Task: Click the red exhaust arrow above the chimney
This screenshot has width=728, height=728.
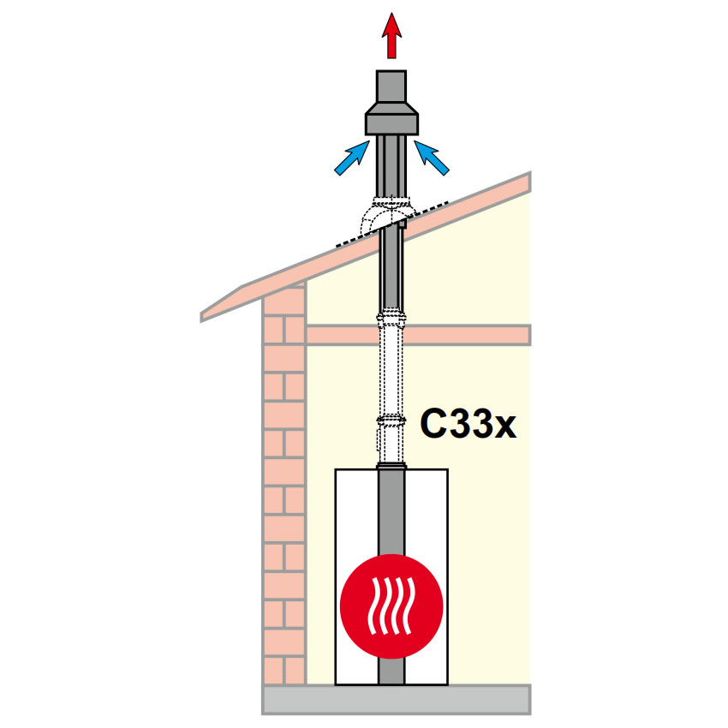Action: click(x=392, y=36)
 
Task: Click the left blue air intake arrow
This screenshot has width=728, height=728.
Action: click(x=351, y=158)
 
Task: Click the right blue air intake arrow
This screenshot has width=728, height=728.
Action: click(x=432, y=158)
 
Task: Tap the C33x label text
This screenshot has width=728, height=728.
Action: click(x=468, y=423)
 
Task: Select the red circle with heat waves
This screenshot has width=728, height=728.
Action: click(x=392, y=606)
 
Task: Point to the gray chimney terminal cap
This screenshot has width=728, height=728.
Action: click(x=392, y=103)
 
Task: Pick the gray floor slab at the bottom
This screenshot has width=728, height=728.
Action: click(x=396, y=699)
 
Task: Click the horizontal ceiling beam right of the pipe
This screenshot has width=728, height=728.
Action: click(x=468, y=335)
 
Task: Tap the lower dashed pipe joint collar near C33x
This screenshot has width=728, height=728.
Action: click(x=392, y=421)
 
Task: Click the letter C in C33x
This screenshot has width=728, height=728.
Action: click(x=433, y=423)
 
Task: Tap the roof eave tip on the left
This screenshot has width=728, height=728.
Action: click(x=201, y=318)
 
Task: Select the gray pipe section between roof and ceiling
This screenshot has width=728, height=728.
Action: click(x=391, y=269)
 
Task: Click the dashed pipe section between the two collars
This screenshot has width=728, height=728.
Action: click(x=391, y=371)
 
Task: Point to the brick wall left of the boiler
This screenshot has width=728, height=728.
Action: click(x=283, y=483)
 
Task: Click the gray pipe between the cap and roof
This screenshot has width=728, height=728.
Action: click(x=392, y=167)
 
